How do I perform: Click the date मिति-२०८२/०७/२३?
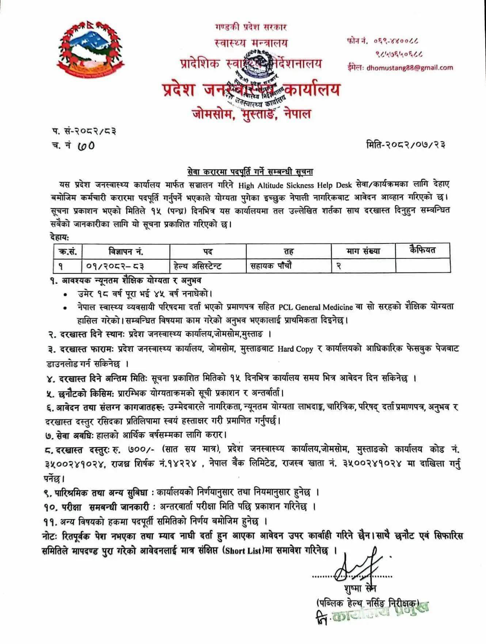[x=406, y=144]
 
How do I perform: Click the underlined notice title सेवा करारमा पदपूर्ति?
[x=250, y=171]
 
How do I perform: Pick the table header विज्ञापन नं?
[x=125, y=252]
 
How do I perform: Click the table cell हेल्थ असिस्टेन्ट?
[x=197, y=266]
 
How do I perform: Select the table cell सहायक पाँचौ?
[x=271, y=266]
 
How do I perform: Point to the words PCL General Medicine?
[x=316, y=307]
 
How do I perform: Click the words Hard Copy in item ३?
[x=295, y=349]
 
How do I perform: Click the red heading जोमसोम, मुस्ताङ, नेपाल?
[x=251, y=115]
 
